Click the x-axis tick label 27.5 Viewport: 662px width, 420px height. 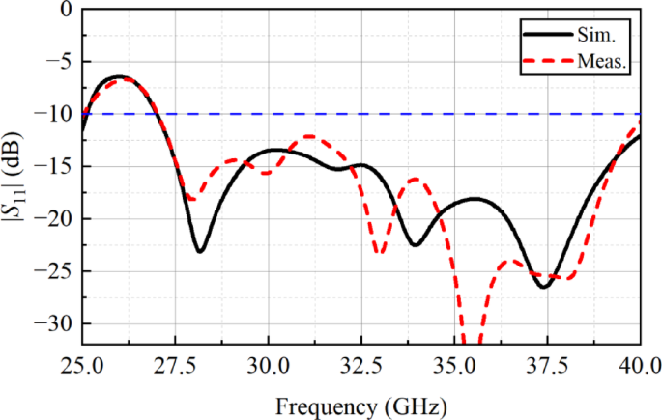tap(174, 366)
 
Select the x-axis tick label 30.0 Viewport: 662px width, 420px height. tap(268, 366)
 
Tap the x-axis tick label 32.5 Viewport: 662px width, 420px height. tap(360, 366)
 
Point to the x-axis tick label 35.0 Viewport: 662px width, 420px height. tap(454, 366)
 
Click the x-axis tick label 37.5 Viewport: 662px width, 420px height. tap(547, 366)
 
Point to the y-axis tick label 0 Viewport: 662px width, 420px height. tap(67, 10)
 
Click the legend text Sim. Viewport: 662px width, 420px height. tap(597, 35)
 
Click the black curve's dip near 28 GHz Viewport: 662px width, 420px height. tap(199, 251)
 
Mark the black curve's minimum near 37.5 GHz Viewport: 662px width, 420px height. tap(543, 287)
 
